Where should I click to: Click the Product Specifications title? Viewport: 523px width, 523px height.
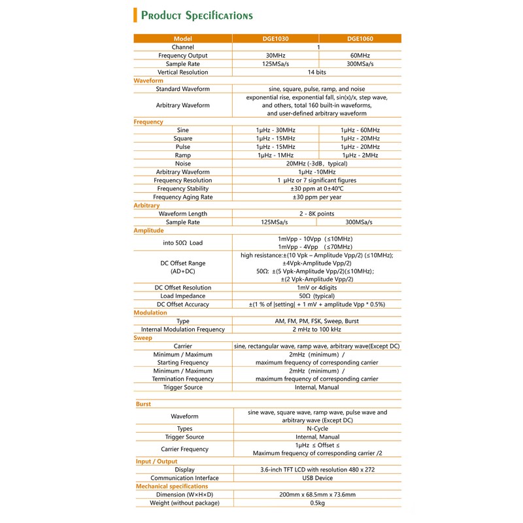coord(197,16)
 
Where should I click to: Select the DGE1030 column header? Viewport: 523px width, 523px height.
coord(275,39)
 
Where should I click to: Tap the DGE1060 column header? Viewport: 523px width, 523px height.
coord(360,39)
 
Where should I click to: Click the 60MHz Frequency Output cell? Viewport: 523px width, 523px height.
coord(360,56)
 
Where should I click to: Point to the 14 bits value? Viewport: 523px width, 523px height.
coord(317,72)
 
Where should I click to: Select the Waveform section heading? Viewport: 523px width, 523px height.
coord(148,80)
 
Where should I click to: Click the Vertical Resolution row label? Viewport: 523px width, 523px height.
coord(183,72)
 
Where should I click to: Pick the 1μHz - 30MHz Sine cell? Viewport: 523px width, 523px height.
coord(275,130)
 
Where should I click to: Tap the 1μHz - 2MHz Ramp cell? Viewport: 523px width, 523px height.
coord(360,155)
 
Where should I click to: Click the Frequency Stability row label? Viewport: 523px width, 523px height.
coord(183,188)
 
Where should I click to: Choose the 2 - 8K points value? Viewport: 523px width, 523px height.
coord(317,214)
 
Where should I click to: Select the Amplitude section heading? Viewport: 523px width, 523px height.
coord(149,231)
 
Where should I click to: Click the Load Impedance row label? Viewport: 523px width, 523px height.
coord(183,296)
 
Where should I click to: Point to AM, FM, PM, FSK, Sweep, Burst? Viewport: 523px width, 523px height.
coord(317,321)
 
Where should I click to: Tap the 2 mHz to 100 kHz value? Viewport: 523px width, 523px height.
coord(317,329)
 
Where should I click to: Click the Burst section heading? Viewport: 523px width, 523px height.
coord(143,404)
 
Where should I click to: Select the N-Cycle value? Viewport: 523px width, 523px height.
coord(317,429)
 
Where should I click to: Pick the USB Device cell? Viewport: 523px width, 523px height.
coord(317,478)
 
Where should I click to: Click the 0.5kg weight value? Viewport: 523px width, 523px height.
coord(317,503)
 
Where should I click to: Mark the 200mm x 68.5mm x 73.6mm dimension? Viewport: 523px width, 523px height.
coord(317,494)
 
